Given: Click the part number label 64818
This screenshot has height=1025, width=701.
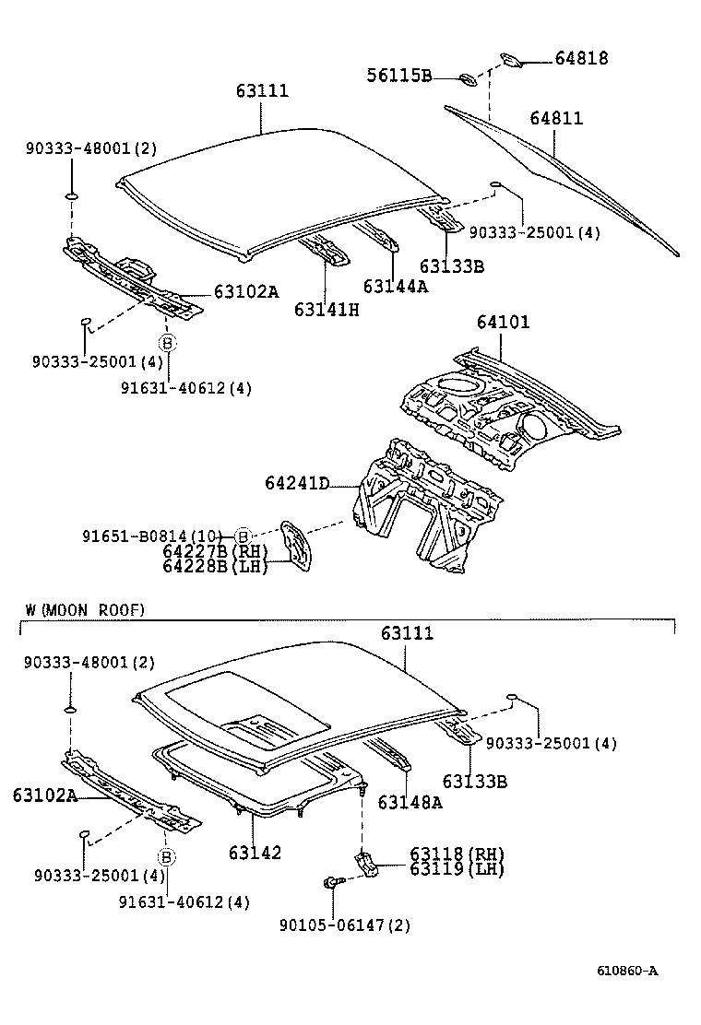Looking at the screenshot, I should point(581,58).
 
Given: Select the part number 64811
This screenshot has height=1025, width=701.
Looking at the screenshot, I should point(556,119).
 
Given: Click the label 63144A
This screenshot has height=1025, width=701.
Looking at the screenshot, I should point(396,286).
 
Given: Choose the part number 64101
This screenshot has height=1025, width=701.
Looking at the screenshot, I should point(503,323).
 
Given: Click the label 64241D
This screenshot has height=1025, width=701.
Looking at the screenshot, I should point(297,483).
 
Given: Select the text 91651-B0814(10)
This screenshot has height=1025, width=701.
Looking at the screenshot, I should point(152,536).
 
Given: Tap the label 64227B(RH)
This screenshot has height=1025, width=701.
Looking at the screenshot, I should point(214,551).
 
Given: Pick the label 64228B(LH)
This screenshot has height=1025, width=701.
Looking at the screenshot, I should point(214,566).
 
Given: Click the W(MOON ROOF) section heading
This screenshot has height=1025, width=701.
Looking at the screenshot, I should point(85,609).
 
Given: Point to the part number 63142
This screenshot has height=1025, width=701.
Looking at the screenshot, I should point(254,853).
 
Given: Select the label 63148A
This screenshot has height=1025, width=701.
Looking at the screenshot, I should point(410,802).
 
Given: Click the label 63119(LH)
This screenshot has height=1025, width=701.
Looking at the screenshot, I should point(445,868).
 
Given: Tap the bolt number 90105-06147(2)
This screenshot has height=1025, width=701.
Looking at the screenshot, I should point(345,925).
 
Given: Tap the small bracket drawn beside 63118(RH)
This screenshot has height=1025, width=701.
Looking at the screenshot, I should point(365,861).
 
